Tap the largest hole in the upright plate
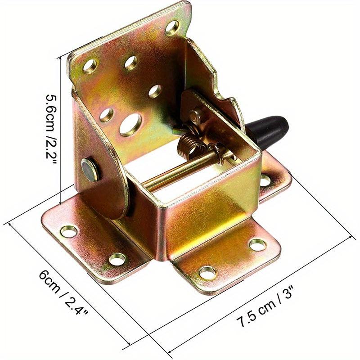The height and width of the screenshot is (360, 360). pyautogui.click(x=130, y=124)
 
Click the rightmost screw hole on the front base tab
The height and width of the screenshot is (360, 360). pyautogui.click(x=257, y=245)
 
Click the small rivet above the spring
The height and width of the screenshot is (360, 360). pyautogui.click(x=194, y=116)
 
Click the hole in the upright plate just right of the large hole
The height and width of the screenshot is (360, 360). pyautogui.click(x=155, y=91)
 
